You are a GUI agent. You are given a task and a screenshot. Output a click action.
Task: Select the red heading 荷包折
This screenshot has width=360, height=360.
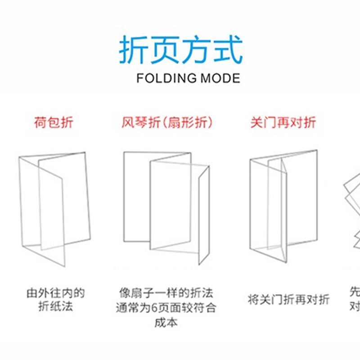point(53,122)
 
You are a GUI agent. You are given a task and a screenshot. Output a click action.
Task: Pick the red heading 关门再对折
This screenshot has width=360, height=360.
point(283,122)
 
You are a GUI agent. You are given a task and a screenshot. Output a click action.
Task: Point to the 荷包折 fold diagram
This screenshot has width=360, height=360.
point(54,207)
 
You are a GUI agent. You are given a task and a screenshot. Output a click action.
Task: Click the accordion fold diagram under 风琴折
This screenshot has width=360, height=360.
point(166,207)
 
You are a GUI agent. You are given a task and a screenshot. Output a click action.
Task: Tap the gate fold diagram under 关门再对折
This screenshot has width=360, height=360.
point(283,207)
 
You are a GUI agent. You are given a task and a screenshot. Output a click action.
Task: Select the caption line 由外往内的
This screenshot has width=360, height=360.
point(55,294)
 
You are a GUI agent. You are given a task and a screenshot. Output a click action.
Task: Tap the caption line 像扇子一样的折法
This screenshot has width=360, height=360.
point(166,294)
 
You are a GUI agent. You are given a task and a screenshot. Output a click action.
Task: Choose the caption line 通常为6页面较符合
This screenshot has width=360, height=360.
point(166,308)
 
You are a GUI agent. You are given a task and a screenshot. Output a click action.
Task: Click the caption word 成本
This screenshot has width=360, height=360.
point(166,322)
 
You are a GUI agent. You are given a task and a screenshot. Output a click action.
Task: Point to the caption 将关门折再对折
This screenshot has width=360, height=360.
point(288,300)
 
